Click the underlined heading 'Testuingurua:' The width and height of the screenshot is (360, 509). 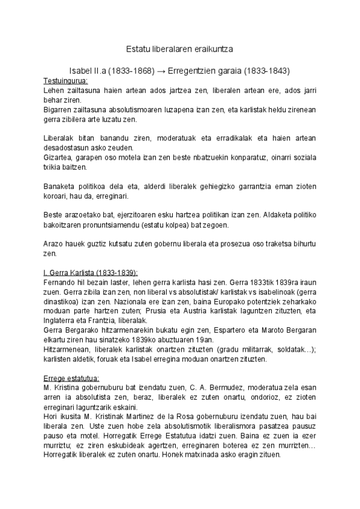point(65,80)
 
